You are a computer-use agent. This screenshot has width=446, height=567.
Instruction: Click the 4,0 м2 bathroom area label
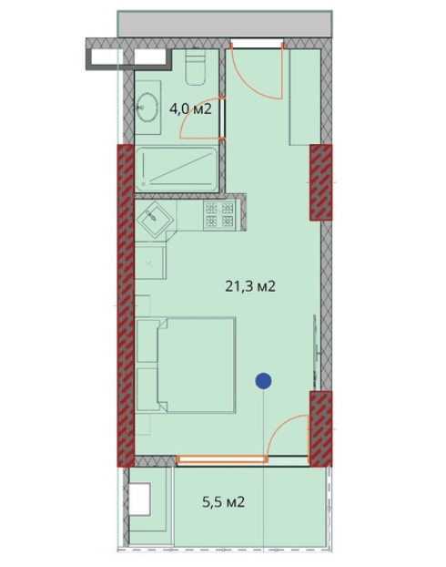190,108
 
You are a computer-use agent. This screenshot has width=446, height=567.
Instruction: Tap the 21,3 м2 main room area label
250,285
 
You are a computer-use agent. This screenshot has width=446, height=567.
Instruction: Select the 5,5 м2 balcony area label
222,501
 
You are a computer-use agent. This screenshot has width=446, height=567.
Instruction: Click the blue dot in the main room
263,382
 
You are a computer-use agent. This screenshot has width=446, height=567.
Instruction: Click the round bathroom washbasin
148,108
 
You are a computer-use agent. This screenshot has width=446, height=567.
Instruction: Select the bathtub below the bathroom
177,170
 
